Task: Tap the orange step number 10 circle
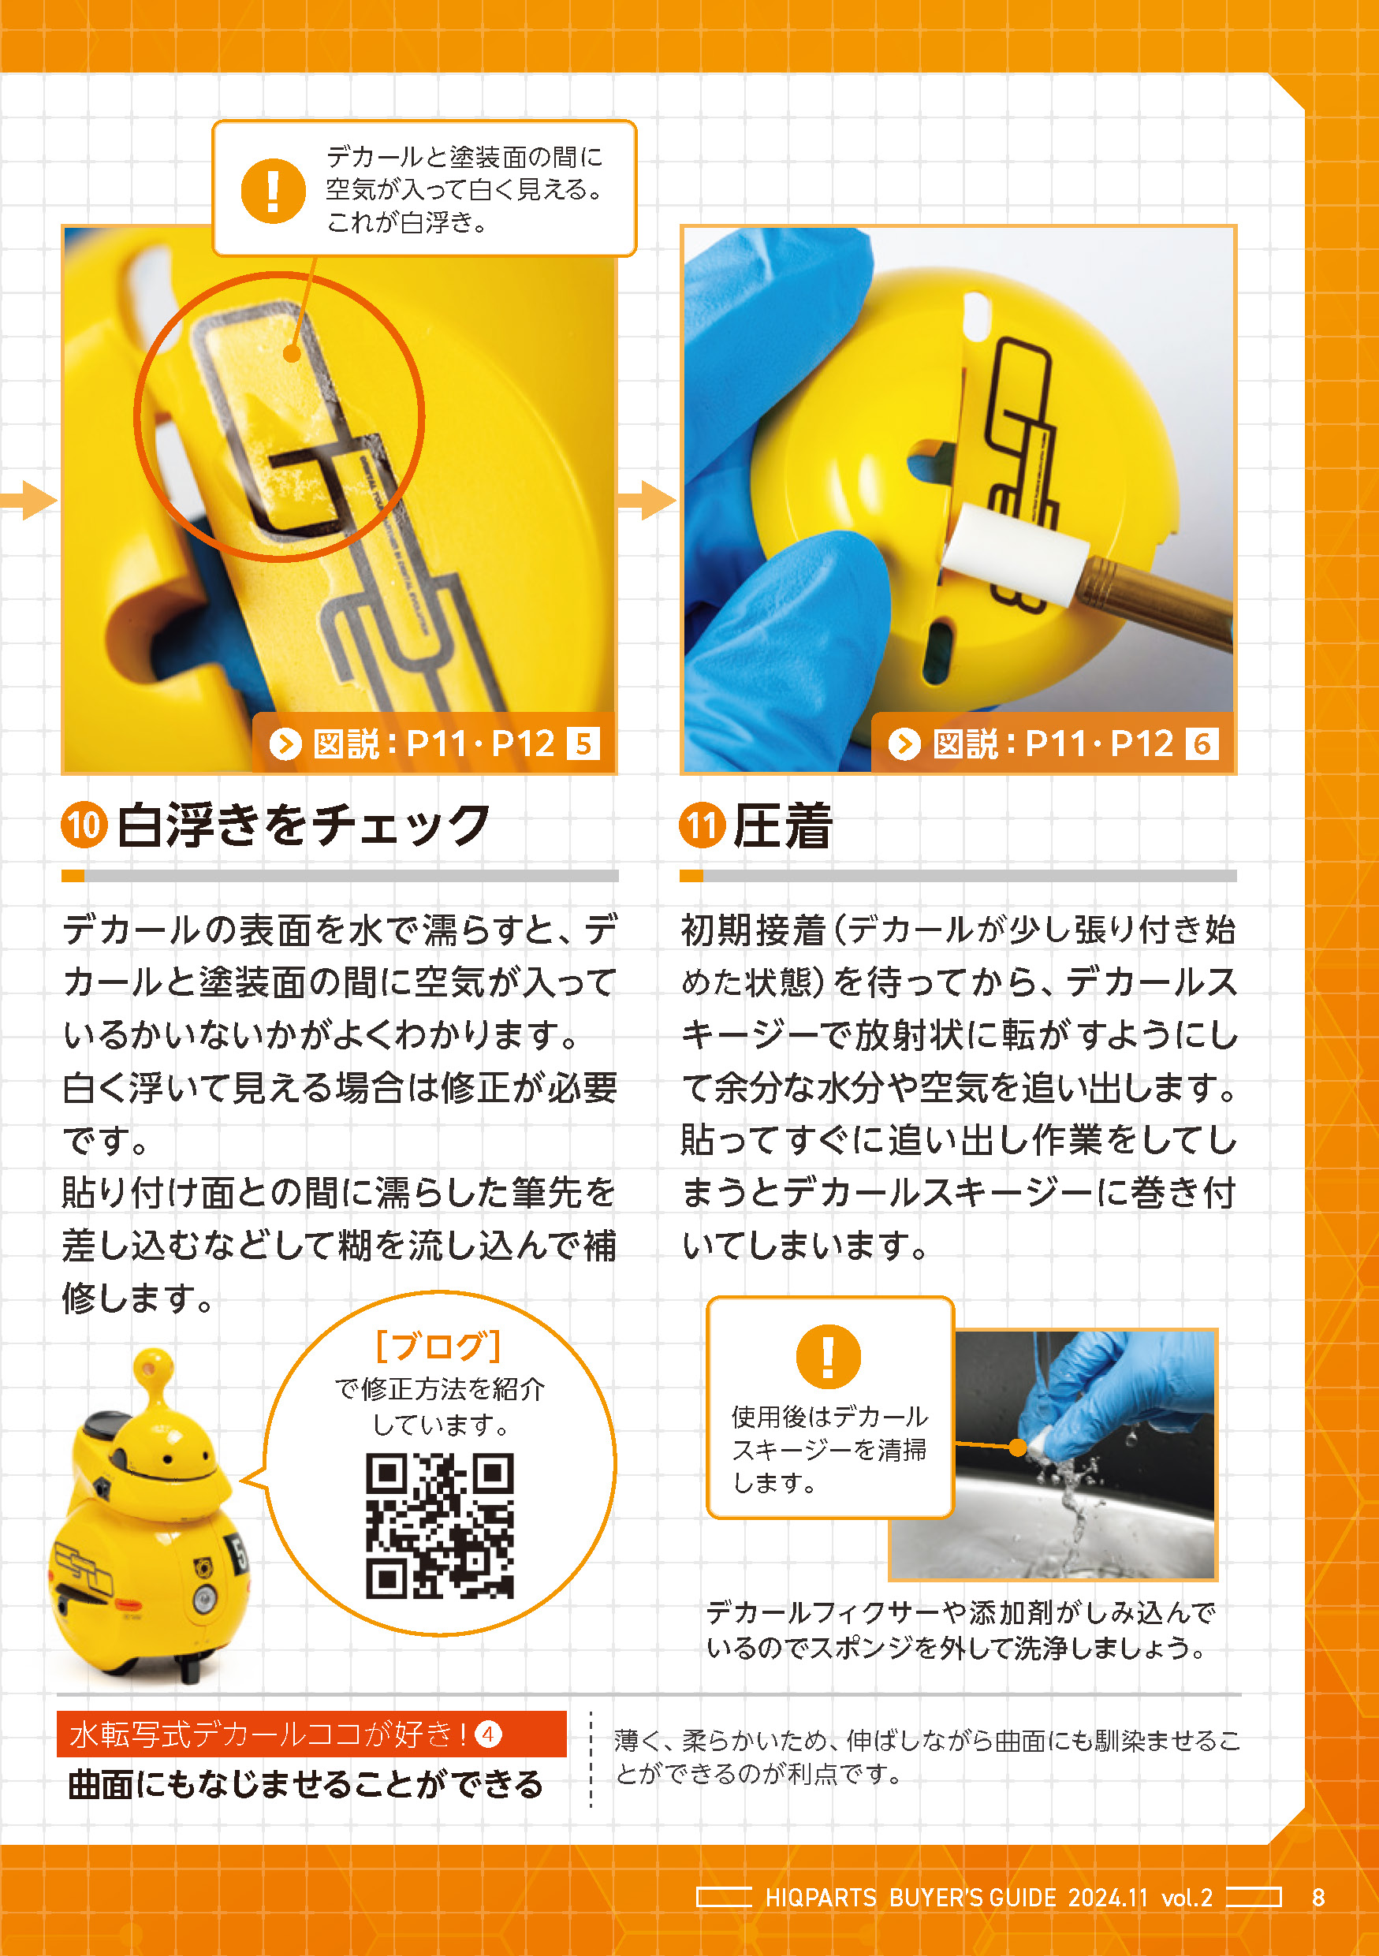(x=84, y=825)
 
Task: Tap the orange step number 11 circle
(x=702, y=825)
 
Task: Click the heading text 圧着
(x=783, y=825)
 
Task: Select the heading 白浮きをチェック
(x=304, y=825)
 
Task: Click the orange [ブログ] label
(x=438, y=1345)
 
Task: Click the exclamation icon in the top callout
(x=273, y=190)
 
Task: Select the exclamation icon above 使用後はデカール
(x=828, y=1356)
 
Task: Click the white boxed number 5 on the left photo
(x=583, y=743)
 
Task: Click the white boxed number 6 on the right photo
(x=1202, y=743)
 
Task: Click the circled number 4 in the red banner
(x=488, y=1734)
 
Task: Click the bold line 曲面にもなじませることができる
(x=305, y=1784)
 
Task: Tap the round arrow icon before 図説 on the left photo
(x=286, y=743)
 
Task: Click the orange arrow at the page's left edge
(x=28, y=500)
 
